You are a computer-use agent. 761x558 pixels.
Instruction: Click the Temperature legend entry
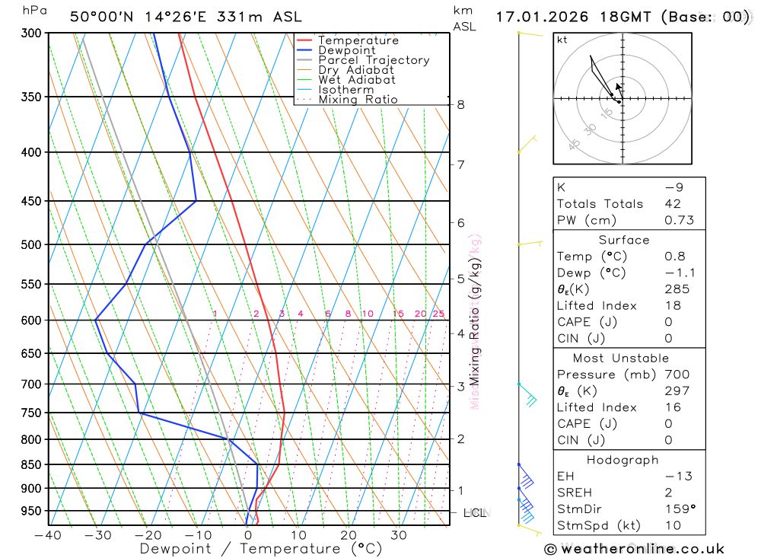(358, 40)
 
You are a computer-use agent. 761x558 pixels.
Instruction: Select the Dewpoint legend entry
(346, 50)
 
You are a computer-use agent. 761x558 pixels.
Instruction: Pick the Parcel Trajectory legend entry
(373, 60)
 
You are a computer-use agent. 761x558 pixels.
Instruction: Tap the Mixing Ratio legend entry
(358, 99)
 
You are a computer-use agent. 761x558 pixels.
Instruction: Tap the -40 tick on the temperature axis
(49, 535)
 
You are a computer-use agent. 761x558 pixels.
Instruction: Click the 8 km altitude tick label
(460, 104)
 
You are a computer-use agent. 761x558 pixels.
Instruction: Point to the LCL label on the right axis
(475, 513)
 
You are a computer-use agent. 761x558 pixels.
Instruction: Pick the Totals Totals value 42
(672, 203)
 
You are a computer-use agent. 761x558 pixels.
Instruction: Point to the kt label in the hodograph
(562, 40)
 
